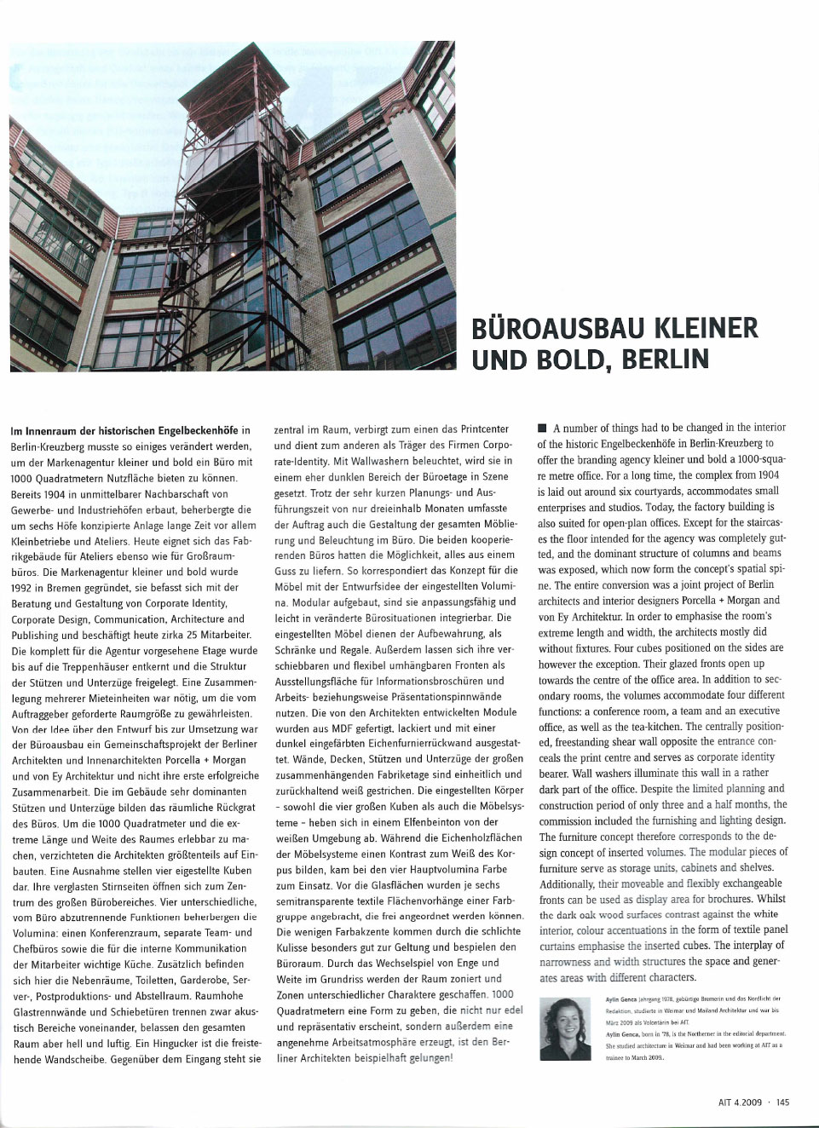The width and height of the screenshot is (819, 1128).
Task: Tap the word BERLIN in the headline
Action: point(665,360)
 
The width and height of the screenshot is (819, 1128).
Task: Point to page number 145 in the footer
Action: point(782,1102)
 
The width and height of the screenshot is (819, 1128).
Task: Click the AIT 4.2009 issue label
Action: point(741,1102)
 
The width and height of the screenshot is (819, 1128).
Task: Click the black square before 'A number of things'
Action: point(542,428)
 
